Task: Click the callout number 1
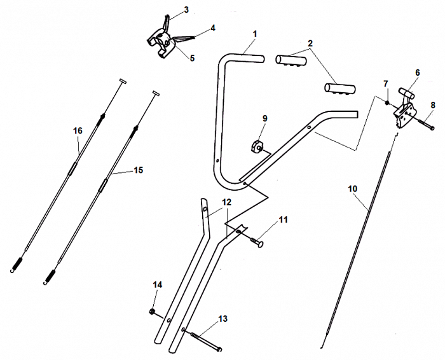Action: pyautogui.click(x=254, y=33)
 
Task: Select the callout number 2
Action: pyautogui.click(x=310, y=44)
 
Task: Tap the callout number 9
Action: pyautogui.click(x=265, y=118)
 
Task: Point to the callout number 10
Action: pyautogui.click(x=353, y=189)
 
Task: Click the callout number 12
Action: pyautogui.click(x=226, y=202)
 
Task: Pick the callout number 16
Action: pyautogui.click(x=78, y=130)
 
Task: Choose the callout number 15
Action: pyautogui.click(x=138, y=170)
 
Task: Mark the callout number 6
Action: pyautogui.click(x=417, y=73)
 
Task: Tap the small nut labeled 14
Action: pyautogui.click(x=153, y=311)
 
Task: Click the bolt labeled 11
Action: pyautogui.click(x=257, y=241)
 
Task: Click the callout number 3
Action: pyautogui.click(x=186, y=10)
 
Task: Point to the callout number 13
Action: pyautogui.click(x=222, y=318)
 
